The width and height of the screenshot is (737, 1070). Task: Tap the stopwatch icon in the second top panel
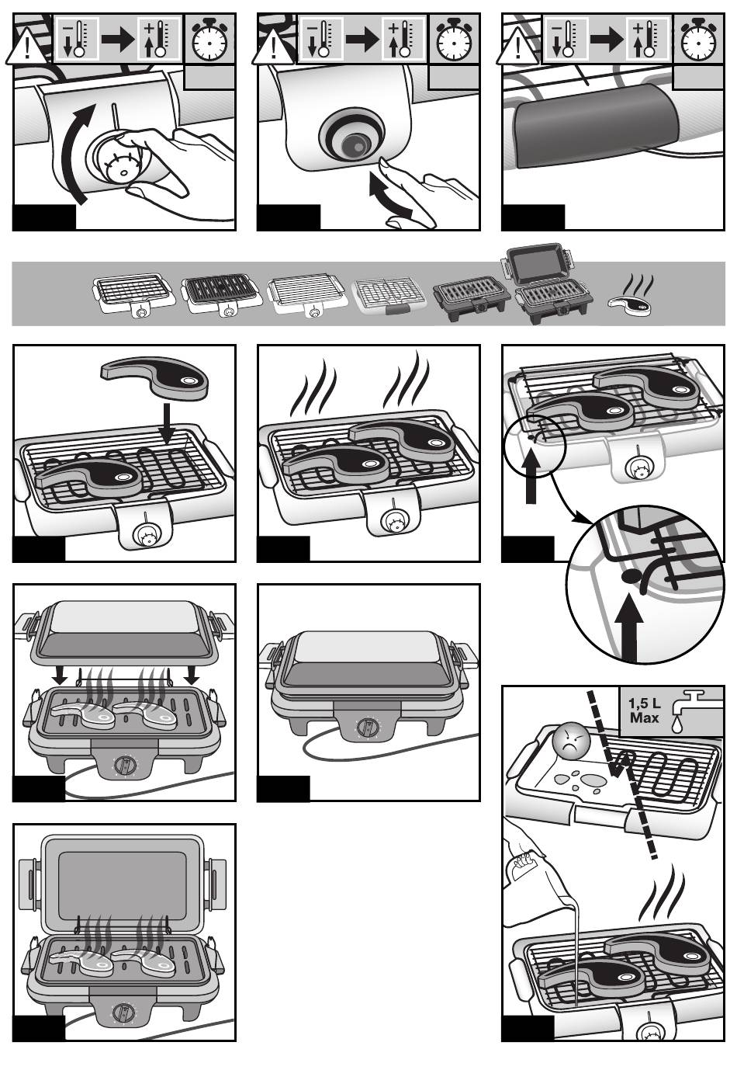tap(453, 39)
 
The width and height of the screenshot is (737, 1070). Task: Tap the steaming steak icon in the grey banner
tap(632, 299)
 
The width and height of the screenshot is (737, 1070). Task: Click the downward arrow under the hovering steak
tap(168, 424)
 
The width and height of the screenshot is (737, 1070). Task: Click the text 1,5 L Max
tap(645, 710)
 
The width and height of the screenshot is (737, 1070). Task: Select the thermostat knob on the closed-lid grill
tap(368, 728)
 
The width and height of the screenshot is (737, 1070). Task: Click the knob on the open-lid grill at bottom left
tap(123, 1013)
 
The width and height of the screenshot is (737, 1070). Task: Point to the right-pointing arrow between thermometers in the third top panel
tap(607, 39)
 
